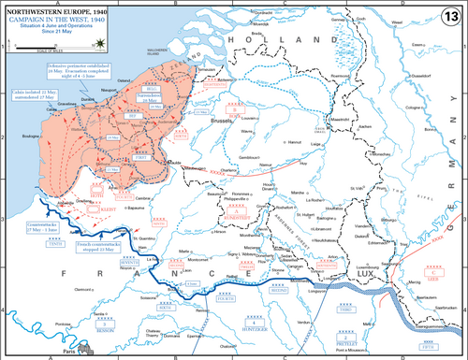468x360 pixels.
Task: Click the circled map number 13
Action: click(450, 16)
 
